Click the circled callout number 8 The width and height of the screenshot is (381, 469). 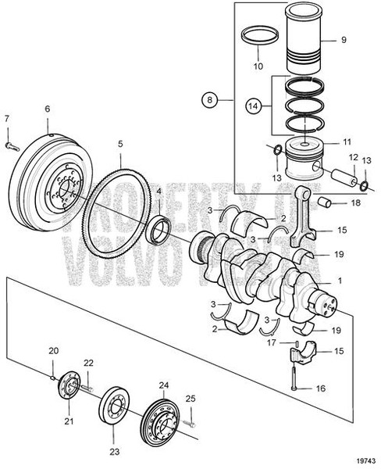click(x=209, y=100)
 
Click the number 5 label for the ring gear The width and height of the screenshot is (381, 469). click(x=119, y=144)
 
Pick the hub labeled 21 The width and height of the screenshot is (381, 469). click(x=68, y=389)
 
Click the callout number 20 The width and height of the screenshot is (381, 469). click(x=53, y=349)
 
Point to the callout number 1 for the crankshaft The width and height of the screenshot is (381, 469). click(x=339, y=280)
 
